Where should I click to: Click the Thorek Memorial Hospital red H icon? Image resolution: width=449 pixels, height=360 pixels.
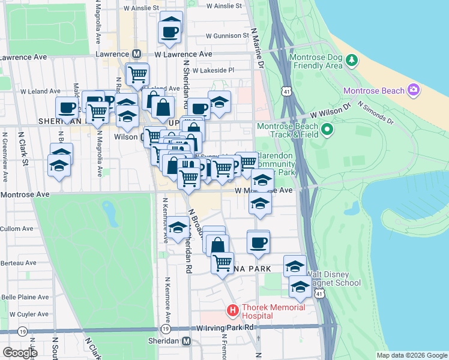pyautogui.click(x=232, y=311)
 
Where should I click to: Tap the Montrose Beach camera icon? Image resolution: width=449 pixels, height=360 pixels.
pyautogui.click(x=414, y=91)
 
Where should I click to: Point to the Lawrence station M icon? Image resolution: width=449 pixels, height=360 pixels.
pyautogui.click(x=137, y=54)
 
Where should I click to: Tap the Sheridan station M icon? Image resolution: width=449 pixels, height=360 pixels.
pyautogui.click(x=186, y=341)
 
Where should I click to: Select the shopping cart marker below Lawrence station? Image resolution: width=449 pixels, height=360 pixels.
pyautogui.click(x=137, y=74)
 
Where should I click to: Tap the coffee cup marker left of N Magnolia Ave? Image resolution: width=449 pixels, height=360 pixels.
pyautogui.click(x=67, y=109)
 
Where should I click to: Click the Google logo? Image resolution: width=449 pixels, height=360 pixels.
pyautogui.click(x=19, y=353)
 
